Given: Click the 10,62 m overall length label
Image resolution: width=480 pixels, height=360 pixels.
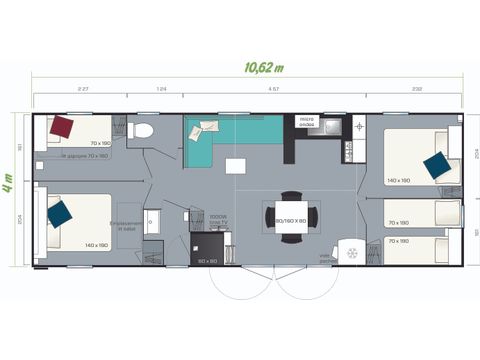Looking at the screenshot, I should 263,68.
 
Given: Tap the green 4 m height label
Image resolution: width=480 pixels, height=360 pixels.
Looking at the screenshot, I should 8,187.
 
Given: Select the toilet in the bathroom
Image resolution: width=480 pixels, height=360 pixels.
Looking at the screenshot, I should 143,129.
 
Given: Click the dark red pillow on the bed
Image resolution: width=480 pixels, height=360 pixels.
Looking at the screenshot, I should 63,128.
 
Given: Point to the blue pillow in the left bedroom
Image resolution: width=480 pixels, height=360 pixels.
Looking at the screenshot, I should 60,213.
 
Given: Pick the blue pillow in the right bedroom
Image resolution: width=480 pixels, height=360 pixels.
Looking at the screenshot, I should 436,166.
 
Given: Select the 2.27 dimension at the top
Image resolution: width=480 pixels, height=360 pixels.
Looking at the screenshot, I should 83,90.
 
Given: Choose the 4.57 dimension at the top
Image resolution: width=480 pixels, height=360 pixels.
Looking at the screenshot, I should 273,90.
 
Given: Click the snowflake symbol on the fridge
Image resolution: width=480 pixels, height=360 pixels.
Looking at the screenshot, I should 351,253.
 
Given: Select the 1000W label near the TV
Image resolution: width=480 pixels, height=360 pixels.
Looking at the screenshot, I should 219,215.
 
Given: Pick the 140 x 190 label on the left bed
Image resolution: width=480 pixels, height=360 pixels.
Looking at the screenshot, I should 96,245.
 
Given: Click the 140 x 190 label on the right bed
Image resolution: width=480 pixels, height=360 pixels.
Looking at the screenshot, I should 398,180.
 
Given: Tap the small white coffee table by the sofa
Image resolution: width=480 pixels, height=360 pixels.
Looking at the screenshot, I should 235,166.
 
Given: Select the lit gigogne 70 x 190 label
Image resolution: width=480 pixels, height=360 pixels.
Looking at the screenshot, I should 85,156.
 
